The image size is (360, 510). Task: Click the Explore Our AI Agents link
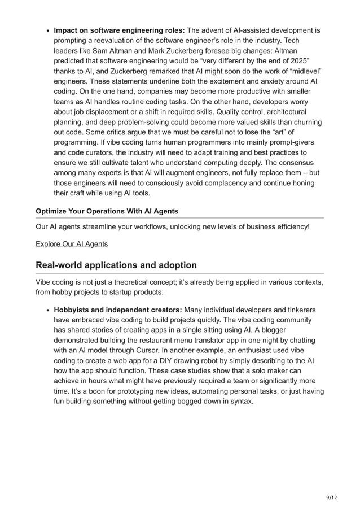tap(71, 244)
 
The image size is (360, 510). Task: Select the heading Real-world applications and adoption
tap(116, 265)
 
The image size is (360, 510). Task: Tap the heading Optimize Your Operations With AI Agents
tap(107, 211)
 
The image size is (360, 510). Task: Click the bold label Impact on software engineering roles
tap(118, 30)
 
